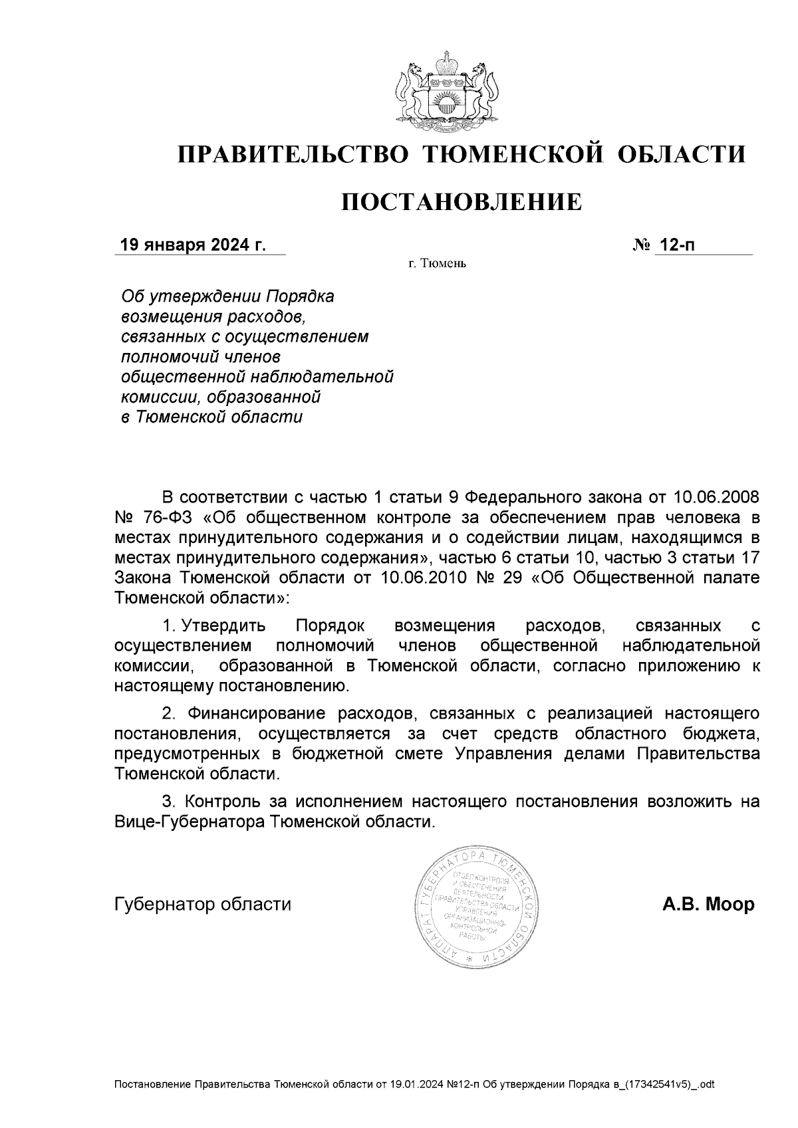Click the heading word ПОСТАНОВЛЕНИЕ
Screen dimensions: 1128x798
[462, 201]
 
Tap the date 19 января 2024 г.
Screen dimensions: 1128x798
[192, 245]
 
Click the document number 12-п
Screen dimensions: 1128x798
[676, 245]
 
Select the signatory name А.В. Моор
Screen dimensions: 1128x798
[708, 905]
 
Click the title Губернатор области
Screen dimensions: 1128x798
[203, 905]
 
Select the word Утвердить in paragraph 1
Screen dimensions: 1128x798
[224, 626]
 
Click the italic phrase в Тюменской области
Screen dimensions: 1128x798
[211, 417]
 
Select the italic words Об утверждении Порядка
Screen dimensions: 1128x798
[227, 296]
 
